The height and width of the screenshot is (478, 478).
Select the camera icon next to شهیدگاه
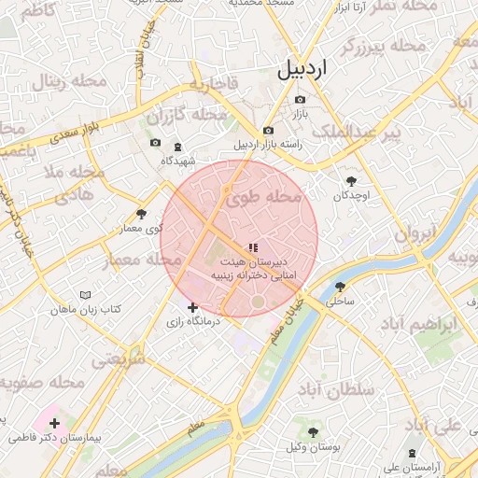[x=155, y=144]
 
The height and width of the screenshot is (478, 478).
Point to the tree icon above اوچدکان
[x=351, y=181]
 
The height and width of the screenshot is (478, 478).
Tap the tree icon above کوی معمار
[x=141, y=214]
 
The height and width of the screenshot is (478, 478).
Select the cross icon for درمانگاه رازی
[x=192, y=307]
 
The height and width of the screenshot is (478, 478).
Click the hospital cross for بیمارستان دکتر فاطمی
[x=53, y=422]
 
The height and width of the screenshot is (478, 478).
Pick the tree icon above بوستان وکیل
[x=312, y=433]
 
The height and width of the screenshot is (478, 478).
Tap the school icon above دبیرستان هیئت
[x=253, y=247]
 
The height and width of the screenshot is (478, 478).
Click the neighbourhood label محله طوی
[x=264, y=198]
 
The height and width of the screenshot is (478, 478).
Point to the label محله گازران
[x=188, y=116]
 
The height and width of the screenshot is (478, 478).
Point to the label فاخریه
[x=216, y=85]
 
